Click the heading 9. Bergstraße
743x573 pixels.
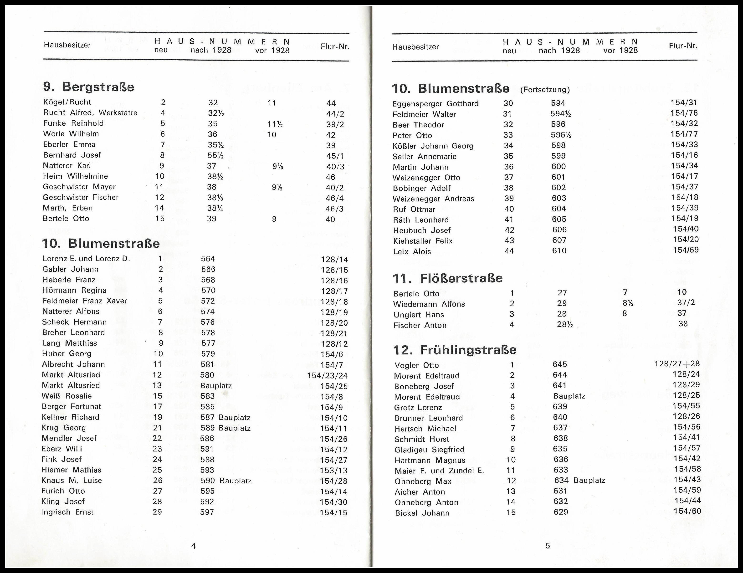88,87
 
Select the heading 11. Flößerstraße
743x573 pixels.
447,278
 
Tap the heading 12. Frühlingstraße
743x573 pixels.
455,350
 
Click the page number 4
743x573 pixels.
194,546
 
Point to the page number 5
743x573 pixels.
547,546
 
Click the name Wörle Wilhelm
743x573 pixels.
71,134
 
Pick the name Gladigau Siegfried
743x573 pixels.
429,450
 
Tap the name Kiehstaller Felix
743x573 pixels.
423,241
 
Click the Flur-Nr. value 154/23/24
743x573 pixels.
327,376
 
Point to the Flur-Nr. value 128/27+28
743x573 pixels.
677,364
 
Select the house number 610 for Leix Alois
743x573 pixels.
559,251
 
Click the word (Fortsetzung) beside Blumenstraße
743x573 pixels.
545,90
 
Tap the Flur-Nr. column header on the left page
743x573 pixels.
335,47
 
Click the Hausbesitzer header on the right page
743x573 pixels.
415,47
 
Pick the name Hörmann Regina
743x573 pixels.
74,291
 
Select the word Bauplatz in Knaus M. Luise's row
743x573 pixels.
236,481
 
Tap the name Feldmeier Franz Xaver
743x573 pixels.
84,301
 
